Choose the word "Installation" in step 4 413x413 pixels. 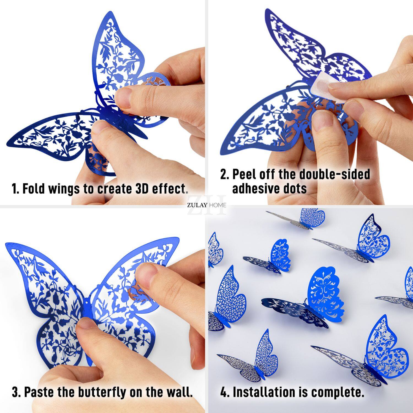(x=263, y=392)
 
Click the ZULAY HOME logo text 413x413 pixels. (x=206, y=205)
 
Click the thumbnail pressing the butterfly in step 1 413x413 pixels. (x=123, y=98)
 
